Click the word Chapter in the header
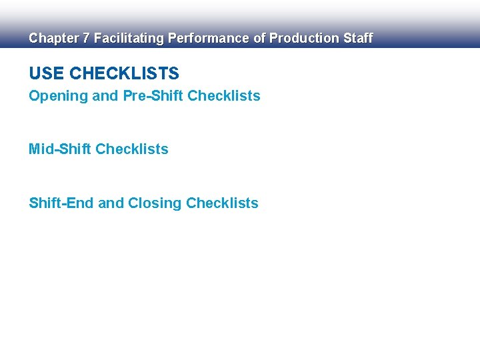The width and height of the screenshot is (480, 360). click(x=53, y=39)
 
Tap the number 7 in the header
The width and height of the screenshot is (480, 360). click(x=85, y=39)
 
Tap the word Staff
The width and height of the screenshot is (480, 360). click(x=357, y=39)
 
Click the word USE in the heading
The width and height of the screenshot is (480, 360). click(x=47, y=73)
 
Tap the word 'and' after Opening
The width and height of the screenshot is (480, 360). click(x=105, y=96)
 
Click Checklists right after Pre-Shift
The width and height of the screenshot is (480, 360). click(x=224, y=96)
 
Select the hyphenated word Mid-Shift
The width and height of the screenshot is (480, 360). click(x=60, y=149)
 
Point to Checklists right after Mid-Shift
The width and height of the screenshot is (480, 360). click(x=132, y=149)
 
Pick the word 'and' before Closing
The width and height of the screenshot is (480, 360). click(x=111, y=203)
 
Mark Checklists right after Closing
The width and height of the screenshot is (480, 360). click(x=222, y=203)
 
